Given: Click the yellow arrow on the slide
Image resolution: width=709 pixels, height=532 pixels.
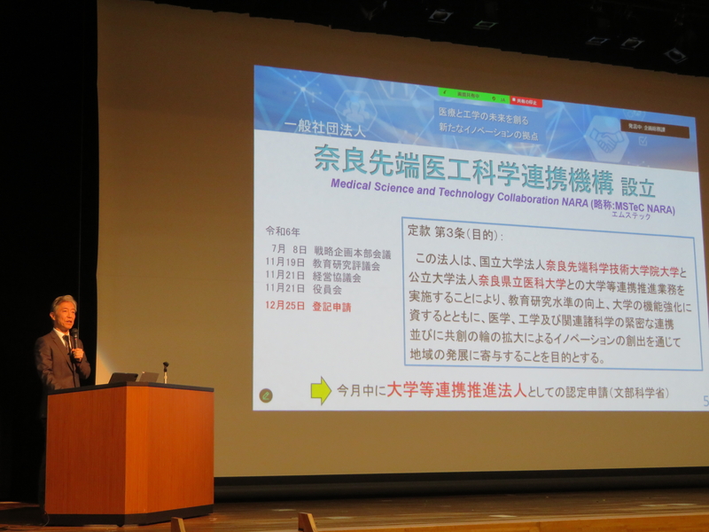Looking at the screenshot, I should [321, 390].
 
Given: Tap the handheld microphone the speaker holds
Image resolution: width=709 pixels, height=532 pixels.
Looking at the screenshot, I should [74, 338].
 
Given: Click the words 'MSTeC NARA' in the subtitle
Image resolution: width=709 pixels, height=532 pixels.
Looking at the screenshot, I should [644, 207].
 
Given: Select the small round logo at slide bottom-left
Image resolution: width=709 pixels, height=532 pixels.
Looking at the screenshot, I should [266, 395].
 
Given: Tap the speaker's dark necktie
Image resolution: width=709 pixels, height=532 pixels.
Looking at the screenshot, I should [66, 343].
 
